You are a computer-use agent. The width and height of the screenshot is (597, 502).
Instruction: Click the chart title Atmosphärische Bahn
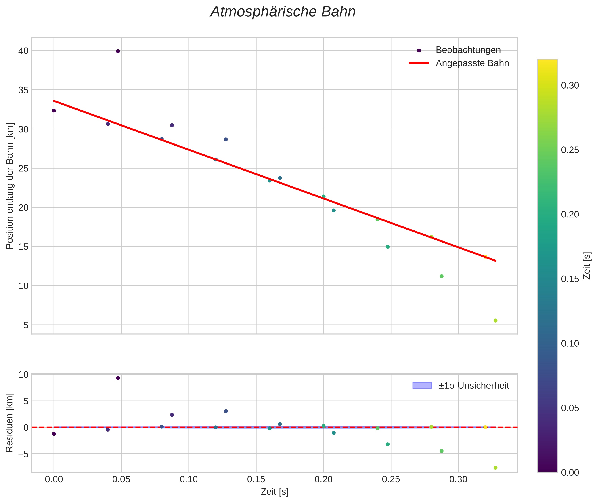283,12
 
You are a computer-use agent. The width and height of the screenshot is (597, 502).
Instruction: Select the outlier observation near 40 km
118,51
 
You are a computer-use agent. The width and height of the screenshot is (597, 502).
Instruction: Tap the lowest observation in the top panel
495,321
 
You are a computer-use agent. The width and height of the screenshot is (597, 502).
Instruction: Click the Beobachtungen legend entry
468,50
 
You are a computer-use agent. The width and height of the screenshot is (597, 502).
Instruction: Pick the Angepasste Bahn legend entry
472,63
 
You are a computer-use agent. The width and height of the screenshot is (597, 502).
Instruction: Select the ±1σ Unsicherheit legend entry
473,386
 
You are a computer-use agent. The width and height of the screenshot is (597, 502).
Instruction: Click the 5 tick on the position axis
26,325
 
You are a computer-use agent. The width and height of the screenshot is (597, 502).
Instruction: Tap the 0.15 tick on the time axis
256,479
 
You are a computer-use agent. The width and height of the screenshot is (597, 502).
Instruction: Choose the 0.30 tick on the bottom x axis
458,479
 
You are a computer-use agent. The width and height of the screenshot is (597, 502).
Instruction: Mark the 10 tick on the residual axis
24,375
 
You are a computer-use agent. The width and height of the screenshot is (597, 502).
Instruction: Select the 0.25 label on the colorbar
570,150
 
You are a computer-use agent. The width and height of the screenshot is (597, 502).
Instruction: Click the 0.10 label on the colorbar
570,344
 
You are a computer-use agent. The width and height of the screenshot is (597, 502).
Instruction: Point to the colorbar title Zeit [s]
587,266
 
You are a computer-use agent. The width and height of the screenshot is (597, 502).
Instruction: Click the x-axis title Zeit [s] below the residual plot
274,492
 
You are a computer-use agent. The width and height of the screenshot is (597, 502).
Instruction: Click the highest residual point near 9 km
118,378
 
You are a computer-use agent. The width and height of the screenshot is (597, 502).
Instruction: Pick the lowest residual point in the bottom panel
495,468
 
